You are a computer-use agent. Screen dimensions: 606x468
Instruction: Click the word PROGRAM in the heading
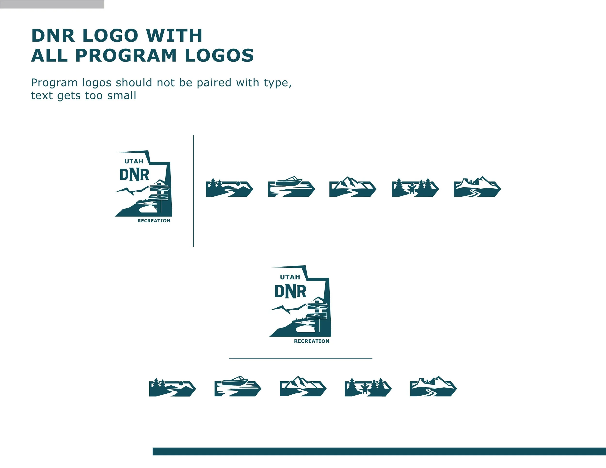pos(126,55)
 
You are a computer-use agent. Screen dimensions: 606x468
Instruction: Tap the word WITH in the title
pos(174,36)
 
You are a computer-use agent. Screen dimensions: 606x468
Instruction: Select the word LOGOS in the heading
pos(219,55)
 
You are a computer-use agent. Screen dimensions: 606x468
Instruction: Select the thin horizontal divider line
pos(301,358)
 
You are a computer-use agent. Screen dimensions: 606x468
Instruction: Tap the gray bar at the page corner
pos(52,4)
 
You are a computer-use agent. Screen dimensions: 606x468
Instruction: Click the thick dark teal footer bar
pos(379,451)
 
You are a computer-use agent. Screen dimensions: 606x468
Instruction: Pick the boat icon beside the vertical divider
pos(291,187)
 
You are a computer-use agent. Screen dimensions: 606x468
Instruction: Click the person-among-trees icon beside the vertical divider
pos(415,187)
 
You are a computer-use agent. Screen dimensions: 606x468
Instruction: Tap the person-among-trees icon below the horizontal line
pos(368,387)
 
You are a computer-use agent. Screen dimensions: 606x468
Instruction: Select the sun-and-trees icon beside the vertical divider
pos(229,188)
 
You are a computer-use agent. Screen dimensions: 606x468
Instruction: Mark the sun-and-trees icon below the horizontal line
pos(172,388)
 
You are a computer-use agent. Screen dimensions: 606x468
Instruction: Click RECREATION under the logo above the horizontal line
pos(311,341)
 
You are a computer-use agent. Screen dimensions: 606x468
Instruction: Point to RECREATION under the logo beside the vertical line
pos(154,221)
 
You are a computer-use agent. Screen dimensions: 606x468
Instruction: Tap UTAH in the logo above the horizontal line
pos(290,277)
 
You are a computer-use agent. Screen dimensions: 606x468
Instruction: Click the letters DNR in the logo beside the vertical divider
pos(134,175)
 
